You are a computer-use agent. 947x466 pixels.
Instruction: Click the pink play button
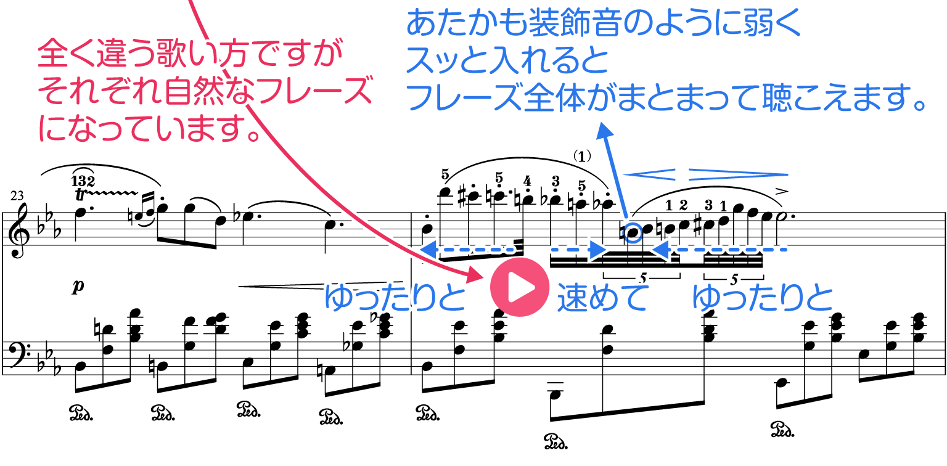click(x=520, y=287)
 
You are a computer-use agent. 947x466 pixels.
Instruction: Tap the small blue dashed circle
click(x=633, y=234)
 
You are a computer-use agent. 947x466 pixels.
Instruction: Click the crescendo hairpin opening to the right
click(x=649, y=174)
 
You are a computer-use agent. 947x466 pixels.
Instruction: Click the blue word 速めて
click(x=603, y=298)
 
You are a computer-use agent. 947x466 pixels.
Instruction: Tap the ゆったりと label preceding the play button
click(x=395, y=297)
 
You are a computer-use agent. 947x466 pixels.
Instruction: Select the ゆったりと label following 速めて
click(x=763, y=297)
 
